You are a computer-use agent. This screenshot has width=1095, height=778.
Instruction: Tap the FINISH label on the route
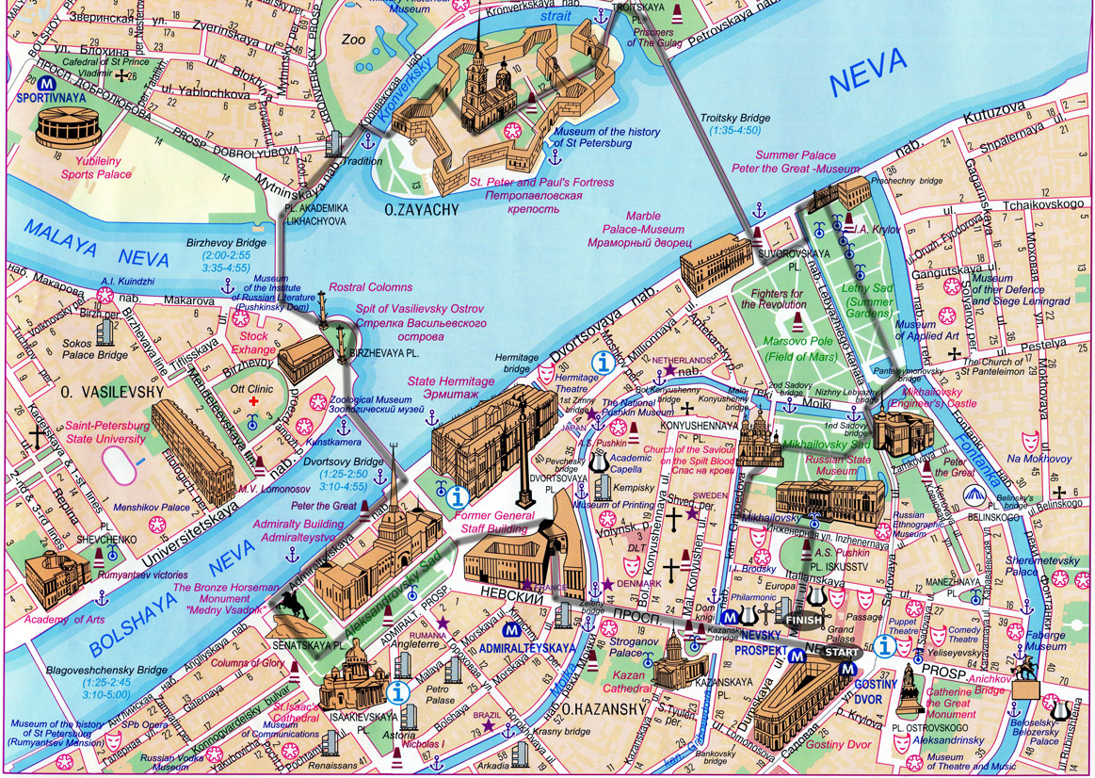pos(802,621)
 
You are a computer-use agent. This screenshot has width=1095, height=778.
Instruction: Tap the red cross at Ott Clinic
pos(253,401)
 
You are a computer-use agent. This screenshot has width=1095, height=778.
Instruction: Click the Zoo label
pos(354,41)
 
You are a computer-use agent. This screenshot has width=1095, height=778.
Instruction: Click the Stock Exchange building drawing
pos(303,359)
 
